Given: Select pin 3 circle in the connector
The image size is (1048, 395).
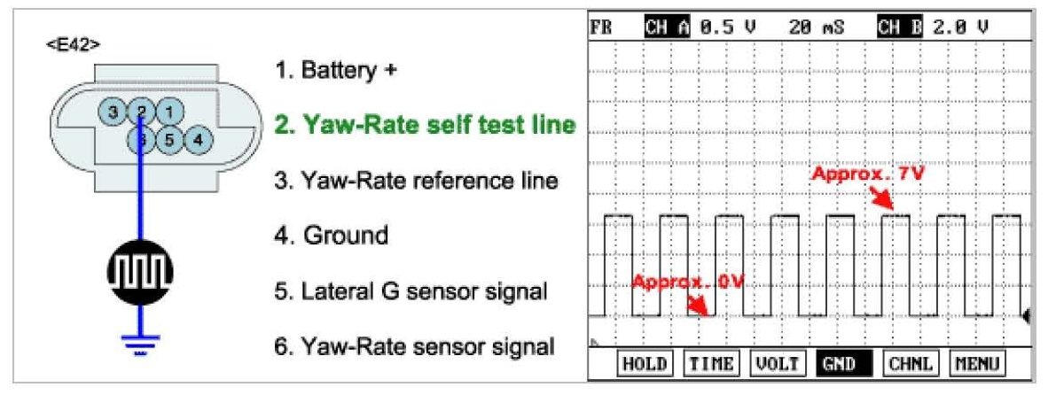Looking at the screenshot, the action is coord(113,112).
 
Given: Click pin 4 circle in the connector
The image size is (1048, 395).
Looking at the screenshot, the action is coord(199,139).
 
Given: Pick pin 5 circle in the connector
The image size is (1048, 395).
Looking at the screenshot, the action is coord(170,139).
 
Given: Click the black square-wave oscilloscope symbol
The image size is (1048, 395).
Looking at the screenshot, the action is coord(140,270).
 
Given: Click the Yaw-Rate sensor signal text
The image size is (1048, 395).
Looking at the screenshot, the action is coord(414,345).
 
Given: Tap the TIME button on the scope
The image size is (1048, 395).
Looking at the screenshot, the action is coord(713,364).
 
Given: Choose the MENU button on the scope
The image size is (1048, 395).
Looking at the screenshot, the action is coord(978,364).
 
